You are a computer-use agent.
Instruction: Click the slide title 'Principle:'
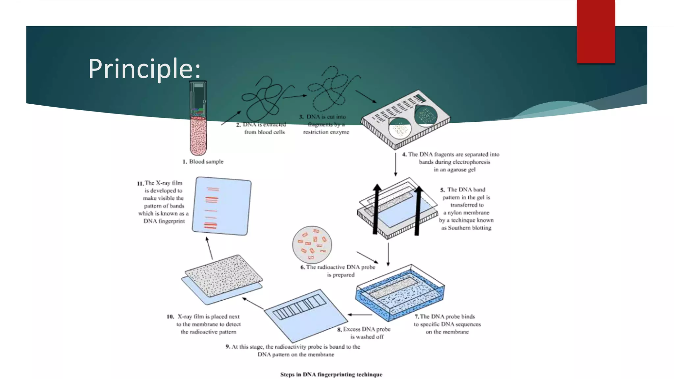pos(144,68)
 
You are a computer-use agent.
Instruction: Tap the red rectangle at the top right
pos(596,31)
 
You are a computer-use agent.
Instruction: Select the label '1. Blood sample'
pos(203,162)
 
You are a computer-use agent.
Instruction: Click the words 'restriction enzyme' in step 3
pos(326,132)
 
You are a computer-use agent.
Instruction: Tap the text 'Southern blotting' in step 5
pos(470,228)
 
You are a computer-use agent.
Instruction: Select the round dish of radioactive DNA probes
pos(312,245)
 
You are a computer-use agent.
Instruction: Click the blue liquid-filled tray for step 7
pos(400,293)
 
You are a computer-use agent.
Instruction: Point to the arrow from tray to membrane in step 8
pos(360,315)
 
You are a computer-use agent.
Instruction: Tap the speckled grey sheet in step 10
pos(223,275)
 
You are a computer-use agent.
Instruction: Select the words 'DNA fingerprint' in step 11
pos(164,221)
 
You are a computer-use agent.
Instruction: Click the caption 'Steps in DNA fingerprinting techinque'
pos(331,374)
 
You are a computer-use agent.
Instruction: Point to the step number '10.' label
pos(170,316)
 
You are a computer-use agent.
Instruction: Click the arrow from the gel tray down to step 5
pos(396,164)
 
